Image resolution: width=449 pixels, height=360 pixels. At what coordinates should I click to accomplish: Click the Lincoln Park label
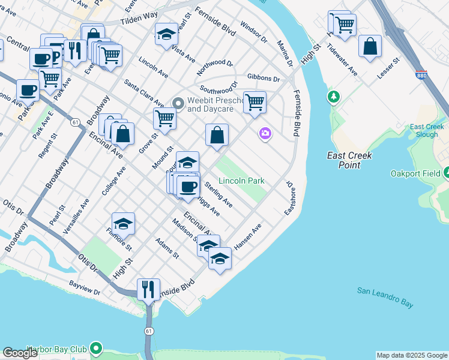click(x=241, y=181)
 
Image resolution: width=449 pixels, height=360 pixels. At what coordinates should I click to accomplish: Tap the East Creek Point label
click(x=349, y=160)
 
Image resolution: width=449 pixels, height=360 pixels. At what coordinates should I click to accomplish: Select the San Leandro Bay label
click(x=385, y=297)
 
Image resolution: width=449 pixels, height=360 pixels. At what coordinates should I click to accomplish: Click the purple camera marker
click(x=265, y=134)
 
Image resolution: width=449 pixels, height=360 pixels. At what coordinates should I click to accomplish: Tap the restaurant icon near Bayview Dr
click(x=148, y=290)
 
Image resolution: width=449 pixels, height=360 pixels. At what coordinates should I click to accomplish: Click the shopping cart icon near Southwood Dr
click(x=255, y=103)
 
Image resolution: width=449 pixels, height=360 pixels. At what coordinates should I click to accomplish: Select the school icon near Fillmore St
click(x=123, y=223)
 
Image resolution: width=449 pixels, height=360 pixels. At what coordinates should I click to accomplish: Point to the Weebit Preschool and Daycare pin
click(x=178, y=104)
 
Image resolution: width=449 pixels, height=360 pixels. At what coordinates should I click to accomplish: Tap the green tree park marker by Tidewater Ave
click(x=333, y=96)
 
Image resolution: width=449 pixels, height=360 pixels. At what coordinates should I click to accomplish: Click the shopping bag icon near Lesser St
click(x=370, y=46)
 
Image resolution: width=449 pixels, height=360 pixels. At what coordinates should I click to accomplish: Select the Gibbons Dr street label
click(x=264, y=79)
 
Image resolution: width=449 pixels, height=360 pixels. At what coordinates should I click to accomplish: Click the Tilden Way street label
click(x=139, y=19)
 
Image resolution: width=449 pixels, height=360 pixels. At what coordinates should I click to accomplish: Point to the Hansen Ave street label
click(x=248, y=236)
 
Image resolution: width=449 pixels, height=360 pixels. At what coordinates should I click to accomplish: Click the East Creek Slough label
click(x=427, y=131)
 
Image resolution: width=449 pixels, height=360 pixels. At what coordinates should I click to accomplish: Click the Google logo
click(x=20, y=353)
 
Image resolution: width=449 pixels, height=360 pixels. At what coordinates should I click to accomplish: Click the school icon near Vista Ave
click(x=166, y=34)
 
